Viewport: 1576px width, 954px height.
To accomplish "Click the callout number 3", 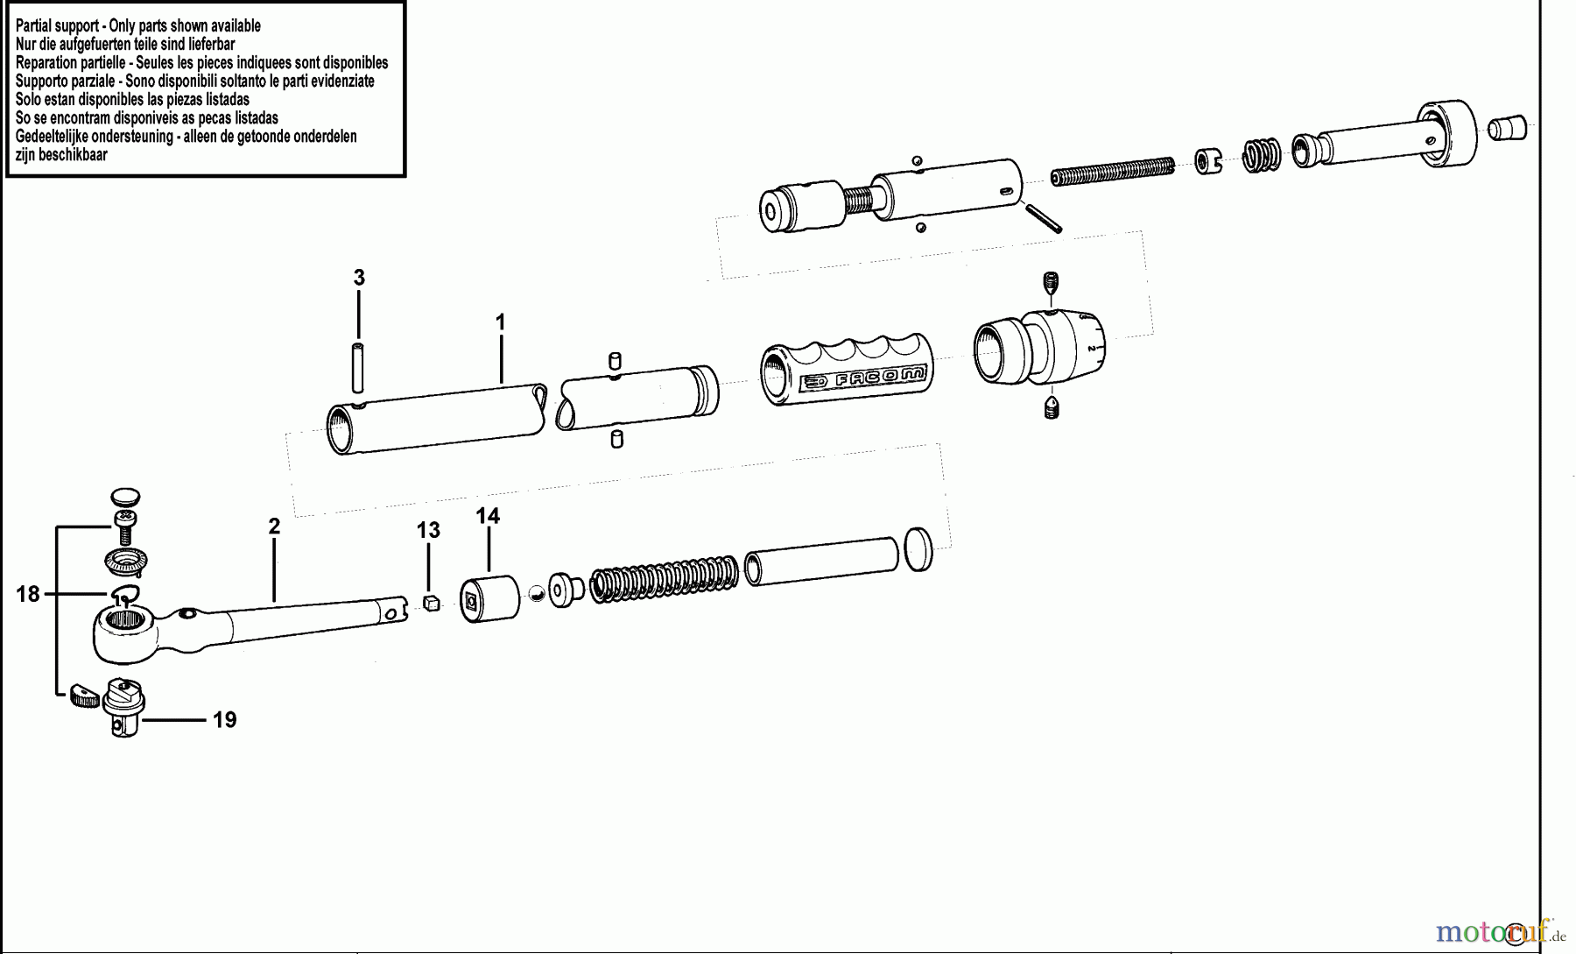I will pyautogui.click(x=359, y=278).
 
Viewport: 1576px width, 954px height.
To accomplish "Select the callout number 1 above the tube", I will pyautogui.click(x=500, y=322).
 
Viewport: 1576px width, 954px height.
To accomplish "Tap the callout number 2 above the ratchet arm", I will pyautogui.click(x=274, y=526).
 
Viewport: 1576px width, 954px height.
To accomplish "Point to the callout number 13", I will pyautogui.click(x=428, y=530).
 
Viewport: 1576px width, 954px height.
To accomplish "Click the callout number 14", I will pyautogui.click(x=488, y=516).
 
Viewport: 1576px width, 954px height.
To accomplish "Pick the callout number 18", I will pyautogui.click(x=28, y=594).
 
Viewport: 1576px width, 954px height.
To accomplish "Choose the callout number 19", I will pyautogui.click(x=224, y=720).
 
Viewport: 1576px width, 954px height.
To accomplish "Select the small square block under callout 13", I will pyautogui.click(x=429, y=602).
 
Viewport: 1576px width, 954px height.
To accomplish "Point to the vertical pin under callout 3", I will pyautogui.click(x=358, y=369).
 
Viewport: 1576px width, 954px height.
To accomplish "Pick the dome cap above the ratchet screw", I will pyautogui.click(x=126, y=495).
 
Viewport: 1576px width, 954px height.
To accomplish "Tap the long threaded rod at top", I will pyautogui.click(x=1112, y=171).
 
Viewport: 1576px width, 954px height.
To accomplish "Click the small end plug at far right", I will pyautogui.click(x=1507, y=128).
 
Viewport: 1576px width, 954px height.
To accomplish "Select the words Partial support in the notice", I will pyautogui.click(x=55, y=25).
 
